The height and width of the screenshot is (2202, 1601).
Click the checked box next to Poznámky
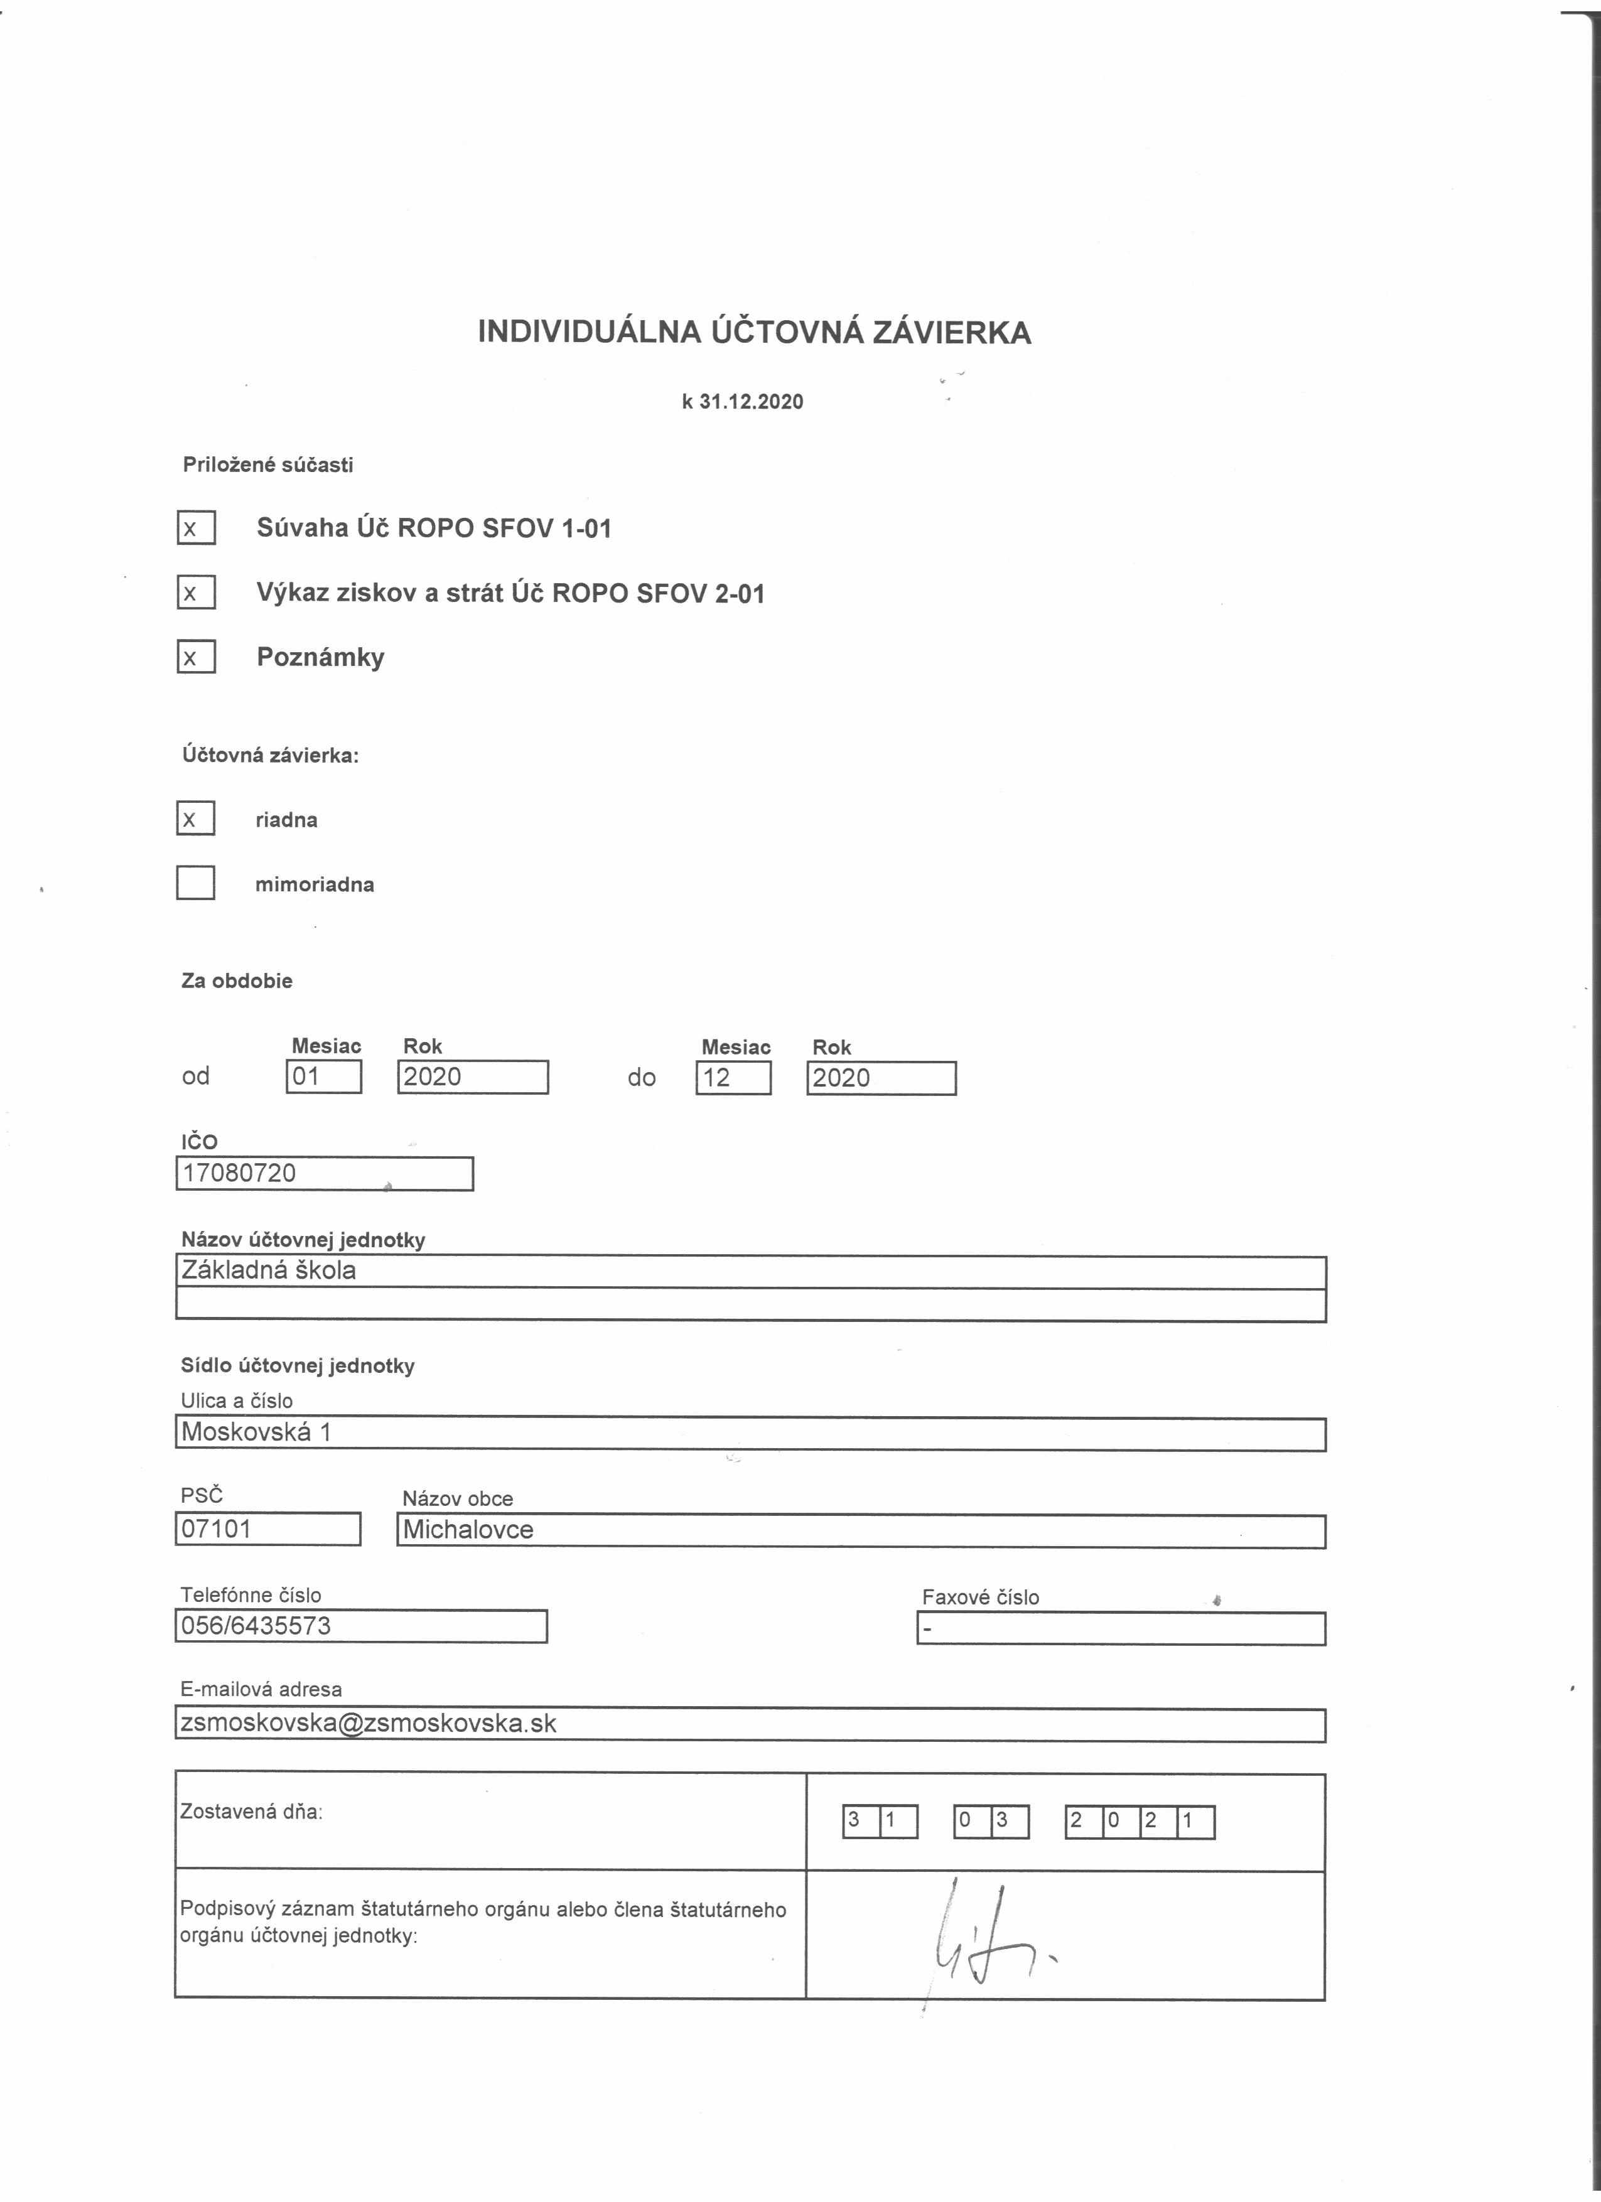195,657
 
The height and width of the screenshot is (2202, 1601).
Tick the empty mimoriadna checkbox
195,883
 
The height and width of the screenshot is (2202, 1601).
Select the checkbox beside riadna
195,819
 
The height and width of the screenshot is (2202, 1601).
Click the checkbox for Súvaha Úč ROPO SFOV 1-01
195,527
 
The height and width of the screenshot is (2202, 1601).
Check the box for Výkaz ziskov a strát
195,593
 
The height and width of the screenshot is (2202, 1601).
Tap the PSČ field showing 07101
268,1529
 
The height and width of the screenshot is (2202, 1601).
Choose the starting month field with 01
323,1077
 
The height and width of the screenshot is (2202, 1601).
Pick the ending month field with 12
733,1078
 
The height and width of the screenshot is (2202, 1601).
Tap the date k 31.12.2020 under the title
743,402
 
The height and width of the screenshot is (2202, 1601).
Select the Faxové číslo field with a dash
1121,1628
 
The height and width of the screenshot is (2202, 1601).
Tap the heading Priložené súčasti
268,465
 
